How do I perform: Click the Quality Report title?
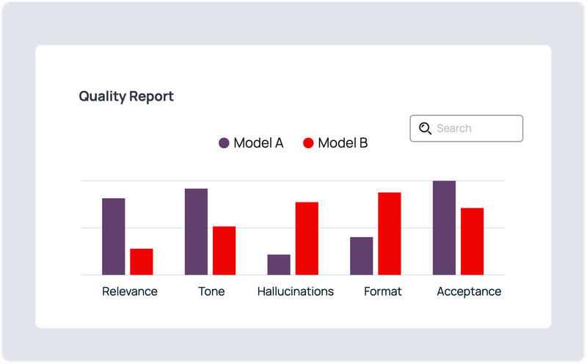pos(126,96)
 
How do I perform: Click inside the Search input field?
pos(473,128)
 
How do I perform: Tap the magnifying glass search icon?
pos(425,128)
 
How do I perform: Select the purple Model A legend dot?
pos(224,143)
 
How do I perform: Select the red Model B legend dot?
pos(308,143)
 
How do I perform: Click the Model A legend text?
pos(258,143)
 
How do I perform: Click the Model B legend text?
pos(343,143)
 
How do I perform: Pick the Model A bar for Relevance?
pos(113,236)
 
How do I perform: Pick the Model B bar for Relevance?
pos(142,262)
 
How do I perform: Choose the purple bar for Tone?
pos(196,232)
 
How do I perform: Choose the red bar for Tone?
pos(224,250)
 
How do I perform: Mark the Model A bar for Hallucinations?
pos(279,265)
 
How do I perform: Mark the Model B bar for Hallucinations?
pos(307,239)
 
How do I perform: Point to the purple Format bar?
pos(361,256)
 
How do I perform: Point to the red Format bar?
pos(390,233)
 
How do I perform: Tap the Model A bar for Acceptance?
pos(444,227)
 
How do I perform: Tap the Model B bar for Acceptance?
pos(472,241)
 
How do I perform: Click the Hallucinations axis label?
pos(295,291)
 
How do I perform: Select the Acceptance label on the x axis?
pos(469,291)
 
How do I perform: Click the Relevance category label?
pos(130,291)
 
